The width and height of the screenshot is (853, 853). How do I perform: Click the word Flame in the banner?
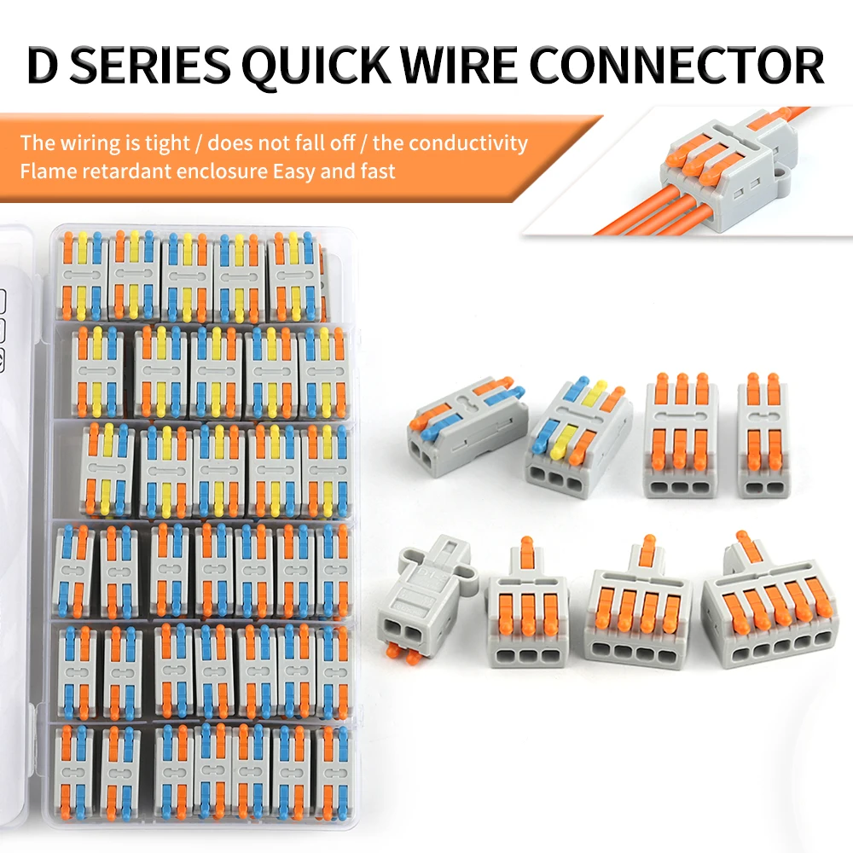pos(47,171)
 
